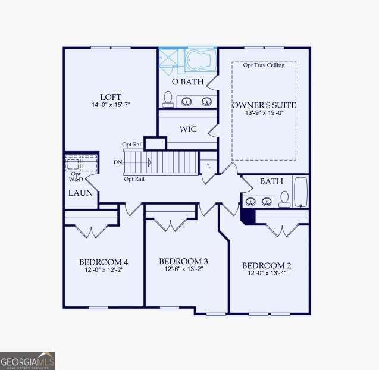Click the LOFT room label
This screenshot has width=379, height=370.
(x=111, y=96)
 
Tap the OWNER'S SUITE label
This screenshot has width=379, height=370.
(x=264, y=105)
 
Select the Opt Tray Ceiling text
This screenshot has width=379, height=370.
(x=264, y=65)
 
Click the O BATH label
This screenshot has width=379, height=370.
(x=187, y=81)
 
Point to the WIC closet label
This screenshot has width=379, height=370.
(x=188, y=129)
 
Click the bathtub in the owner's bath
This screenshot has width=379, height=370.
(x=201, y=60)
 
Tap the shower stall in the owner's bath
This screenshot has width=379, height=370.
(x=171, y=60)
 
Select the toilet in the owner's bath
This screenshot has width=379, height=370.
(x=168, y=99)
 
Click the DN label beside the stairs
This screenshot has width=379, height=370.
(x=118, y=162)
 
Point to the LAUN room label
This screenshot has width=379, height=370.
(x=80, y=193)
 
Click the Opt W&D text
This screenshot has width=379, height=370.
(x=76, y=176)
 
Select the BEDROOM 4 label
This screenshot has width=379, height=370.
(x=104, y=262)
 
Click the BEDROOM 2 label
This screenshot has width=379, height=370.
(x=266, y=265)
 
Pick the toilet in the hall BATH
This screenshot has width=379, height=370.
(x=284, y=199)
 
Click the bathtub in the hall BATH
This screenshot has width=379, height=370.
(x=301, y=192)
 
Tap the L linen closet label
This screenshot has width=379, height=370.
(x=208, y=166)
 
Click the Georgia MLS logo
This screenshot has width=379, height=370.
(x=27, y=360)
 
